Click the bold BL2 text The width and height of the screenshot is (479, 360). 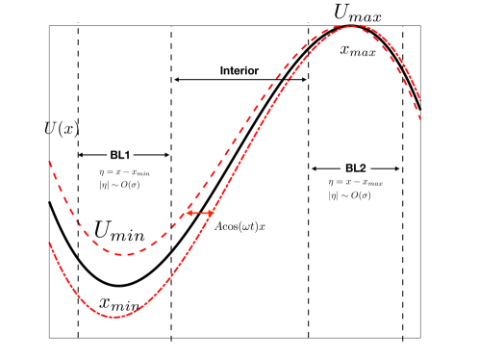pos(355,167)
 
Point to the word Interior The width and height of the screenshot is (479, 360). pos(239,70)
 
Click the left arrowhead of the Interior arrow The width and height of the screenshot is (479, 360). pos(175,80)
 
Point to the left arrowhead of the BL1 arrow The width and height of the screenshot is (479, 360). pos(81,154)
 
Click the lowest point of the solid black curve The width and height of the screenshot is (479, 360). pos(117,286)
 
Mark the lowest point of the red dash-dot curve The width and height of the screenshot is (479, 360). pos(115,318)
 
